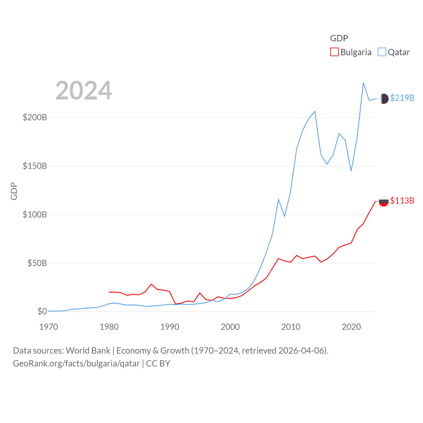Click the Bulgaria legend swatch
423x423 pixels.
(x=334, y=52)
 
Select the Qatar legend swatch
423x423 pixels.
(x=382, y=52)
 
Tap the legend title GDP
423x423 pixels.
(x=339, y=38)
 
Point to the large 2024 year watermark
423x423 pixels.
(x=84, y=91)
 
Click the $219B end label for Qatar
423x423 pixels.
(x=402, y=98)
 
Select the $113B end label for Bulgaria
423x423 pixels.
(x=402, y=201)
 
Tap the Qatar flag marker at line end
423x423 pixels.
(x=384, y=98)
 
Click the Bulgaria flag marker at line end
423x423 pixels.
(x=384, y=201)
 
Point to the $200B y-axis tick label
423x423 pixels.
(x=35, y=118)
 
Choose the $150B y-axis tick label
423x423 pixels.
(x=35, y=166)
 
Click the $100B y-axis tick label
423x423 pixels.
(x=35, y=215)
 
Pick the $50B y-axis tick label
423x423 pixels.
(x=37, y=263)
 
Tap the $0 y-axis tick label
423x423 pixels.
(x=42, y=312)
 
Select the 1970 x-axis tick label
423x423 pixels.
(x=49, y=327)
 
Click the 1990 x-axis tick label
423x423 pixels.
(x=170, y=327)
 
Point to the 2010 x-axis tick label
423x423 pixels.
(x=291, y=327)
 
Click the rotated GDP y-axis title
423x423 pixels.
(x=14, y=191)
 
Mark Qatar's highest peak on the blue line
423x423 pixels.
(x=363, y=83)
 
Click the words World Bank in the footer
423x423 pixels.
(x=88, y=351)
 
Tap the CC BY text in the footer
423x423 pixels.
(x=158, y=364)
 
